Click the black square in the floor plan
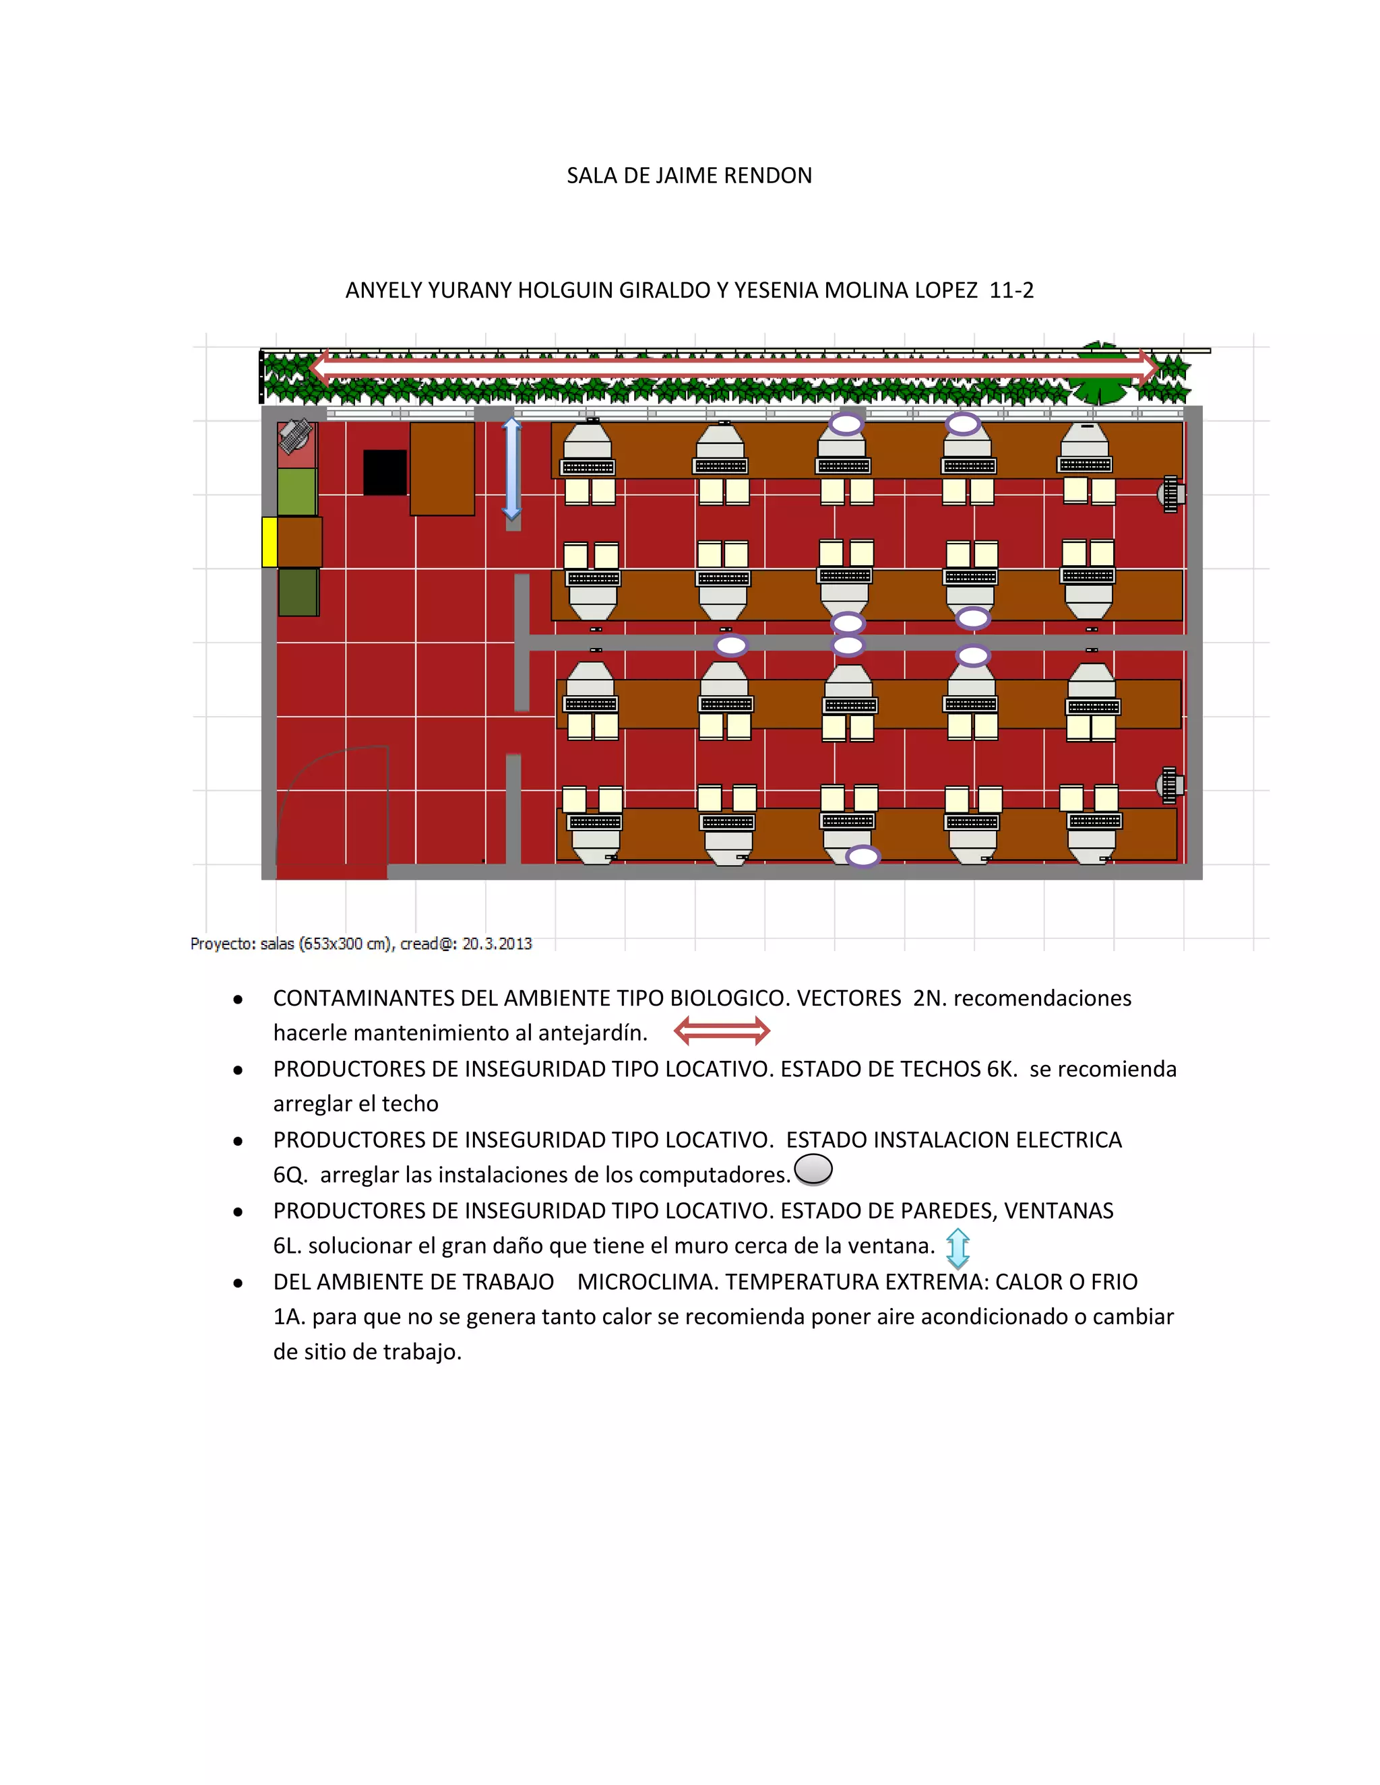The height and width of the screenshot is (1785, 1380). coord(385,472)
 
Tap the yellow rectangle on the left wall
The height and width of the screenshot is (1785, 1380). coord(269,542)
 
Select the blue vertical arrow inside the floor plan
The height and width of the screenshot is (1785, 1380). coord(512,468)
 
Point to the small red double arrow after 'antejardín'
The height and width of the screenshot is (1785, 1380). coord(722,1031)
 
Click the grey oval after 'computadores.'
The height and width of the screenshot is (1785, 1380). coord(813,1169)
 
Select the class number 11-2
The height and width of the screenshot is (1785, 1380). coord(1011,290)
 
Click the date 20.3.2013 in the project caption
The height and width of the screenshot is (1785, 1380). coord(497,944)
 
